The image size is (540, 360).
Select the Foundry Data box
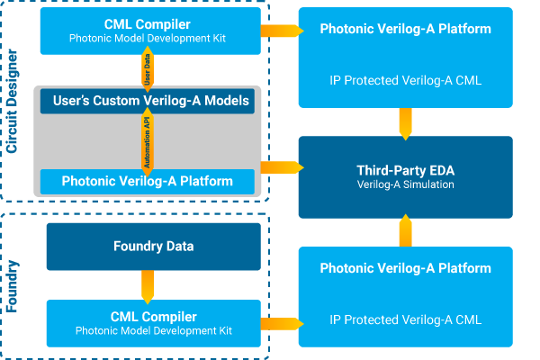[153, 247]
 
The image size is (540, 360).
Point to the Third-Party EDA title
[405, 169]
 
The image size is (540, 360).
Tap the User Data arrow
[149, 67]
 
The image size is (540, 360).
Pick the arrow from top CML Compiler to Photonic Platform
[279, 31]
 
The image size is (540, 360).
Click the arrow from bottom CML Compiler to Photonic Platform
[279, 320]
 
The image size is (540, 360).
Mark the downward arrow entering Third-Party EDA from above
[405, 121]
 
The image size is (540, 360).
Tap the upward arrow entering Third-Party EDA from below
[405, 232]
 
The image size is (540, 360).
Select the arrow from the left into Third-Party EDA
[279, 166]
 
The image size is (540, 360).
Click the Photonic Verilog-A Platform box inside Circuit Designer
[147, 181]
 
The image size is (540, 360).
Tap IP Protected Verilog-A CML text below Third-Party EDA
[405, 319]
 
